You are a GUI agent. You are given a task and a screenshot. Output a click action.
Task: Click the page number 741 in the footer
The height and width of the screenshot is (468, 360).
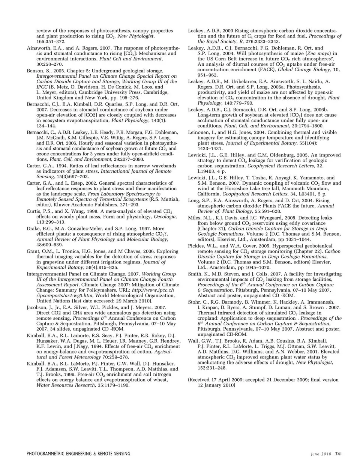pos(338,454)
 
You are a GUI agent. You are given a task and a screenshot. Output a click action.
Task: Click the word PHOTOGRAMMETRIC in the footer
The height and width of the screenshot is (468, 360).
pos(47,454)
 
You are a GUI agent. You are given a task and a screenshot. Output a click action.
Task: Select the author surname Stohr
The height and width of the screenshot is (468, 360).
pos(195,302)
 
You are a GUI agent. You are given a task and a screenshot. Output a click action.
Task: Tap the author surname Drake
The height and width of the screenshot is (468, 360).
pos(33,228)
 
